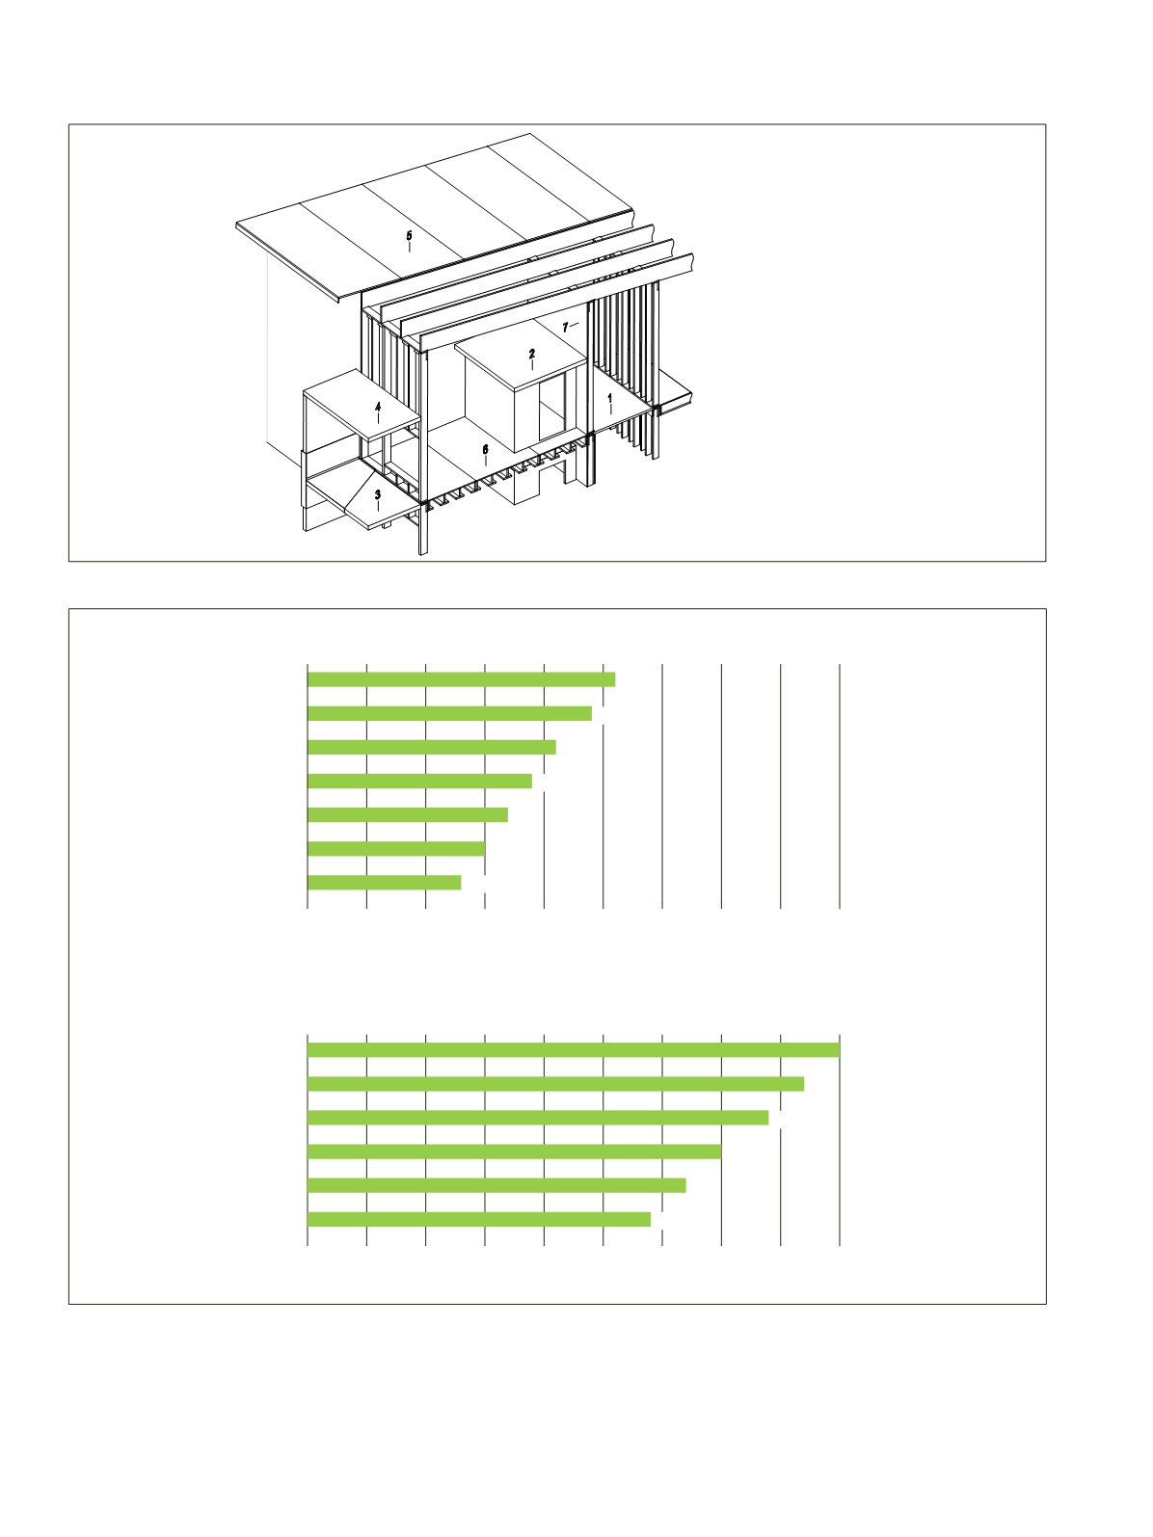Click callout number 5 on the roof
[x=409, y=235]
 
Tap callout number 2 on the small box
[x=531, y=354]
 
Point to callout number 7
[x=565, y=327]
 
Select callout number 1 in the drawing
[x=609, y=398]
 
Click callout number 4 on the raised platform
[x=378, y=406]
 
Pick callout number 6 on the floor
[x=486, y=450]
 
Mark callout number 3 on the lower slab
[x=378, y=494]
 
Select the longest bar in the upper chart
[x=462, y=679]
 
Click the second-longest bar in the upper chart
[x=449, y=713]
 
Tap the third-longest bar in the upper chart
[x=432, y=747]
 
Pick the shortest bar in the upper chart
[x=385, y=883]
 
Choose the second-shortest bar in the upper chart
[x=396, y=849]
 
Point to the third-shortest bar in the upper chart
[x=409, y=814]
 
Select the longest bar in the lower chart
[x=574, y=1049]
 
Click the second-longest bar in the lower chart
[x=556, y=1084]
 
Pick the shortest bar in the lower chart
[x=479, y=1219]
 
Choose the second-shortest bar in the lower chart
[x=497, y=1184]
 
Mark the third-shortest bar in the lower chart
[x=515, y=1152]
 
